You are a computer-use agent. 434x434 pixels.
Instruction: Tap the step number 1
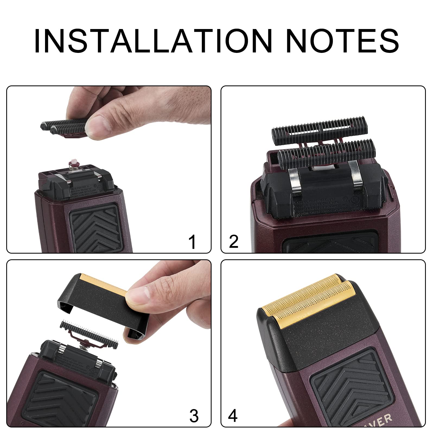pos(192,242)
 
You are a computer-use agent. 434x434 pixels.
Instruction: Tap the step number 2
pos(234,241)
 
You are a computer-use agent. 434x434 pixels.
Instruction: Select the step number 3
pos(194,416)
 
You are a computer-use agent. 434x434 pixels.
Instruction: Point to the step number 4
pos(233,416)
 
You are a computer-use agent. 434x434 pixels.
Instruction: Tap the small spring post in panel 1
pos(73,164)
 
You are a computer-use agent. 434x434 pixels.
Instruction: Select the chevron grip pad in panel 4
pos(350,380)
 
